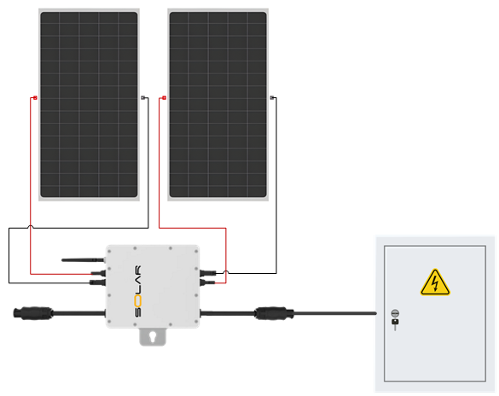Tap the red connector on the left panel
pos(34,98)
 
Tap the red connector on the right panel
pos(162,98)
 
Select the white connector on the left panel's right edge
pos(142,98)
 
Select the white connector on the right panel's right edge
pos(272,99)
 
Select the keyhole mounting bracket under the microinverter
pos(154,338)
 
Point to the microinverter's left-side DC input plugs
pos(97,274)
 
